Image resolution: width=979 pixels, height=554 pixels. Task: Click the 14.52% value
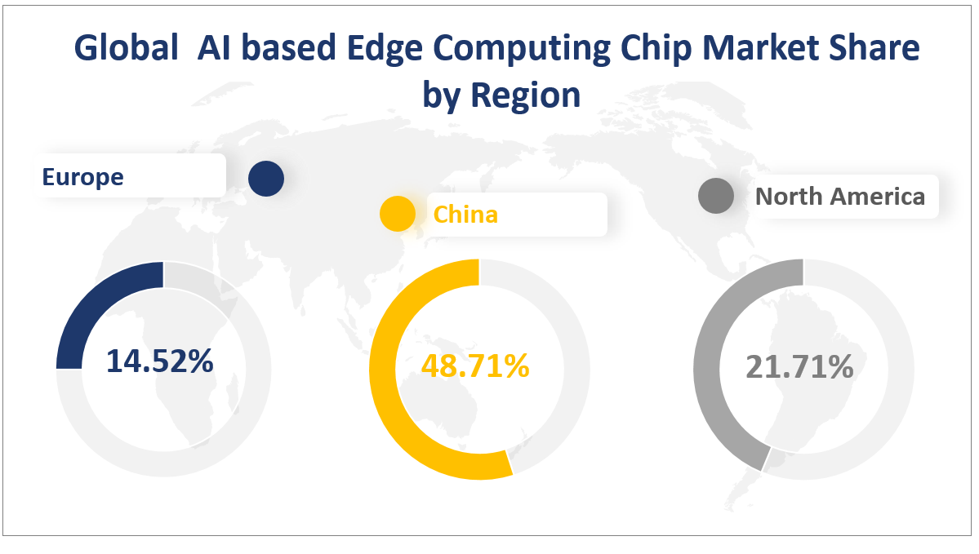tap(160, 361)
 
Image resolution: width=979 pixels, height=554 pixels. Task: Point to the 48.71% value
tap(475, 366)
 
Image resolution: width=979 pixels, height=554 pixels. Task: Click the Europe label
tap(83, 176)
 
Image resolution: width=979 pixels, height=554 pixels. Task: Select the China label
tap(465, 214)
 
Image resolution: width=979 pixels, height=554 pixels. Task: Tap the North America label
tap(840, 197)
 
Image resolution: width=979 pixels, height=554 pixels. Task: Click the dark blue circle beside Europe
tap(266, 178)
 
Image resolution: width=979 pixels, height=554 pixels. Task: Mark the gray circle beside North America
tap(716, 197)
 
